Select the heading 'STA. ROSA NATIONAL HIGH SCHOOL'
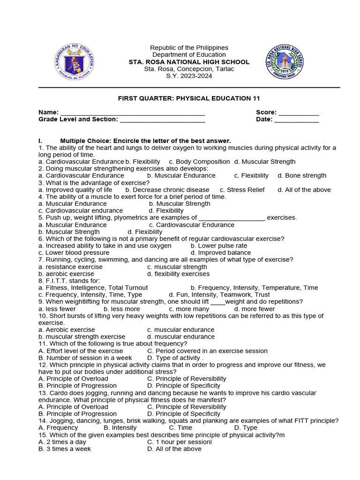click(x=189, y=62)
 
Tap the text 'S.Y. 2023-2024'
click(x=189, y=76)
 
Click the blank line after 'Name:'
click(x=133, y=113)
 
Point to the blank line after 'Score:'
click(x=299, y=113)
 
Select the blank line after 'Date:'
click(x=296, y=120)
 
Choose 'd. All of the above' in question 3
click(x=304, y=190)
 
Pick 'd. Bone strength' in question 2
click(x=302, y=176)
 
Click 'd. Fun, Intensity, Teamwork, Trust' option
click(x=219, y=295)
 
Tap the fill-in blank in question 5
click(x=232, y=218)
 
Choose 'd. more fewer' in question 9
click(x=255, y=309)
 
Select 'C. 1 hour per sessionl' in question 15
click(x=180, y=442)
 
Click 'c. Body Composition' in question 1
click(x=199, y=162)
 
